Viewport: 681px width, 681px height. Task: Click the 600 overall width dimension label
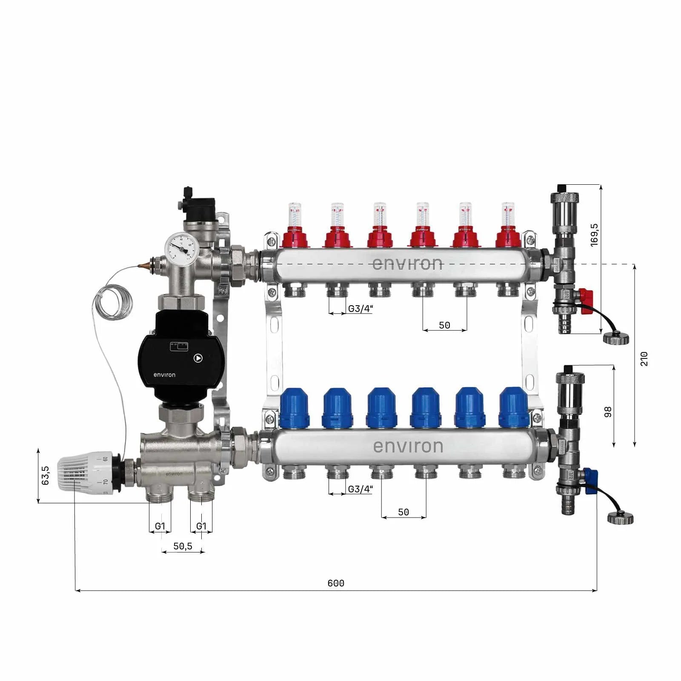(336, 583)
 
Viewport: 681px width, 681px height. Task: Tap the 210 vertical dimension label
(644, 358)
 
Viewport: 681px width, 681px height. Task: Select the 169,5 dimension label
(594, 235)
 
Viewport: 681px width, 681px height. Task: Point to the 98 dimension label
(608, 412)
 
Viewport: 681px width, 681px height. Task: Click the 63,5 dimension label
(46, 475)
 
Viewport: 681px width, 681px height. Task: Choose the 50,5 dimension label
(183, 546)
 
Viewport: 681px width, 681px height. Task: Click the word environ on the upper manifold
(407, 264)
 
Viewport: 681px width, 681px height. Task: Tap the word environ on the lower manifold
(408, 446)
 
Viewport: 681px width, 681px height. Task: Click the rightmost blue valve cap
(513, 407)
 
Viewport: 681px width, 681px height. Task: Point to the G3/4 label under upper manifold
(360, 309)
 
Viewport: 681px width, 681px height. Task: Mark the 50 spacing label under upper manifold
(444, 325)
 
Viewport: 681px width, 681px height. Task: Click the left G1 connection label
(160, 526)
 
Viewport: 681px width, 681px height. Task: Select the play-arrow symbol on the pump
(198, 358)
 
